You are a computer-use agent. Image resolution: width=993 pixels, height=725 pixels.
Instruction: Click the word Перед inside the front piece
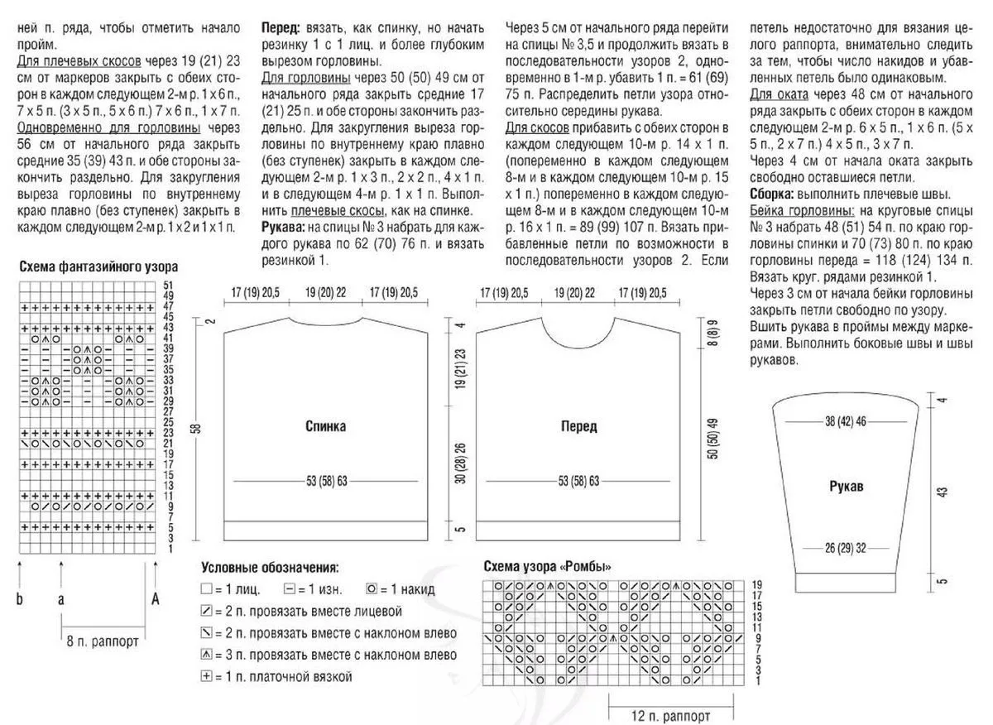coord(578,427)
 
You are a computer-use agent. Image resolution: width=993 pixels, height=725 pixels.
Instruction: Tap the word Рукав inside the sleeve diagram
coord(847,487)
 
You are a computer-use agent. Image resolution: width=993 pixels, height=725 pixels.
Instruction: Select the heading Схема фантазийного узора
coord(98,266)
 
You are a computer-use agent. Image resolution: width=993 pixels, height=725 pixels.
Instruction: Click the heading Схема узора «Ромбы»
coord(548,567)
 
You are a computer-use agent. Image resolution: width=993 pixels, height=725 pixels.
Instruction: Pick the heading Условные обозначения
coord(270,568)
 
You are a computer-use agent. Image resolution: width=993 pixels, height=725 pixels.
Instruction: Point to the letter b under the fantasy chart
coord(20,600)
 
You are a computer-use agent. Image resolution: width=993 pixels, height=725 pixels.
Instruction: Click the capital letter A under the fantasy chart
coord(155,600)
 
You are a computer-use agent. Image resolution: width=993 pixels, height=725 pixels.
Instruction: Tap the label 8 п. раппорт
coord(103,641)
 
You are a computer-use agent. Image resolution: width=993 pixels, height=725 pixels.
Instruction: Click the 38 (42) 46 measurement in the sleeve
coord(845,421)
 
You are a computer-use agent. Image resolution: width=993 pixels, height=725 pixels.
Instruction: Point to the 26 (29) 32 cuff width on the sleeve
coord(845,547)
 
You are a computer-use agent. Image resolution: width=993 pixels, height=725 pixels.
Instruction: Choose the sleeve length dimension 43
coord(941,490)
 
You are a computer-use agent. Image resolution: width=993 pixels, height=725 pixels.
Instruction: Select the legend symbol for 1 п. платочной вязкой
coord(206,676)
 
